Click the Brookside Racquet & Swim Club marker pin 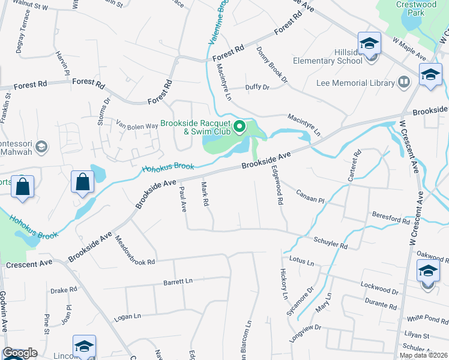pos(240,127)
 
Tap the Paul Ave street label pos(183,199)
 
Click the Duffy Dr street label pos(258,87)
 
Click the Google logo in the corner pos(20,353)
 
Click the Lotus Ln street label pos(302,262)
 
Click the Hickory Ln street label pos(284,284)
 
